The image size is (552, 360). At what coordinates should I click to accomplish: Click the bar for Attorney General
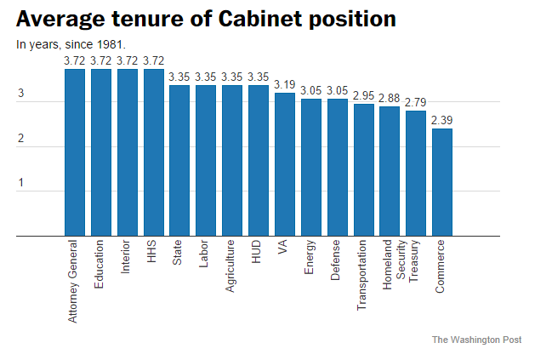tap(75, 152)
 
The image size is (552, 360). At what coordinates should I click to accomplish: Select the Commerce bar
tap(441, 182)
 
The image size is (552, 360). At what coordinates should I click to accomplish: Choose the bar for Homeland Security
tap(390, 171)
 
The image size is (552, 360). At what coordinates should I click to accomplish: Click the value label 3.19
tap(285, 86)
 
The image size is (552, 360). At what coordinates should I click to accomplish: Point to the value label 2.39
tap(441, 122)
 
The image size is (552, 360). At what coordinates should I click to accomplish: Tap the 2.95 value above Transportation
tap(363, 97)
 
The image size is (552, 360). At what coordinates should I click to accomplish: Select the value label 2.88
tap(390, 100)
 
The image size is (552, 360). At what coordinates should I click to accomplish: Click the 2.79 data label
tap(416, 103)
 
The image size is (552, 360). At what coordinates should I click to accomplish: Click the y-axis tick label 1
tap(21, 183)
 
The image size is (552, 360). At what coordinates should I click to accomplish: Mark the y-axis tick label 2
tap(21, 139)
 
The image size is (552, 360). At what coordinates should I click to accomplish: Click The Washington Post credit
tap(476, 340)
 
